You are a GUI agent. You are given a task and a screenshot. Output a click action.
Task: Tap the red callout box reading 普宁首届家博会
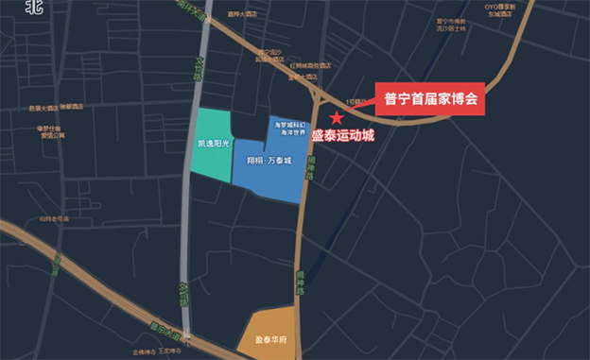[430, 98]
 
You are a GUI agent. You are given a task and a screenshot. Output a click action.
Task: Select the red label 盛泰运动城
[343, 135]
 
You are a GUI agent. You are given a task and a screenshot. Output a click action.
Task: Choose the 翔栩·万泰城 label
[268, 161]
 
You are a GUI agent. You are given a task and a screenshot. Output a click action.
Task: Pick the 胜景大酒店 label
[43, 108]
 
